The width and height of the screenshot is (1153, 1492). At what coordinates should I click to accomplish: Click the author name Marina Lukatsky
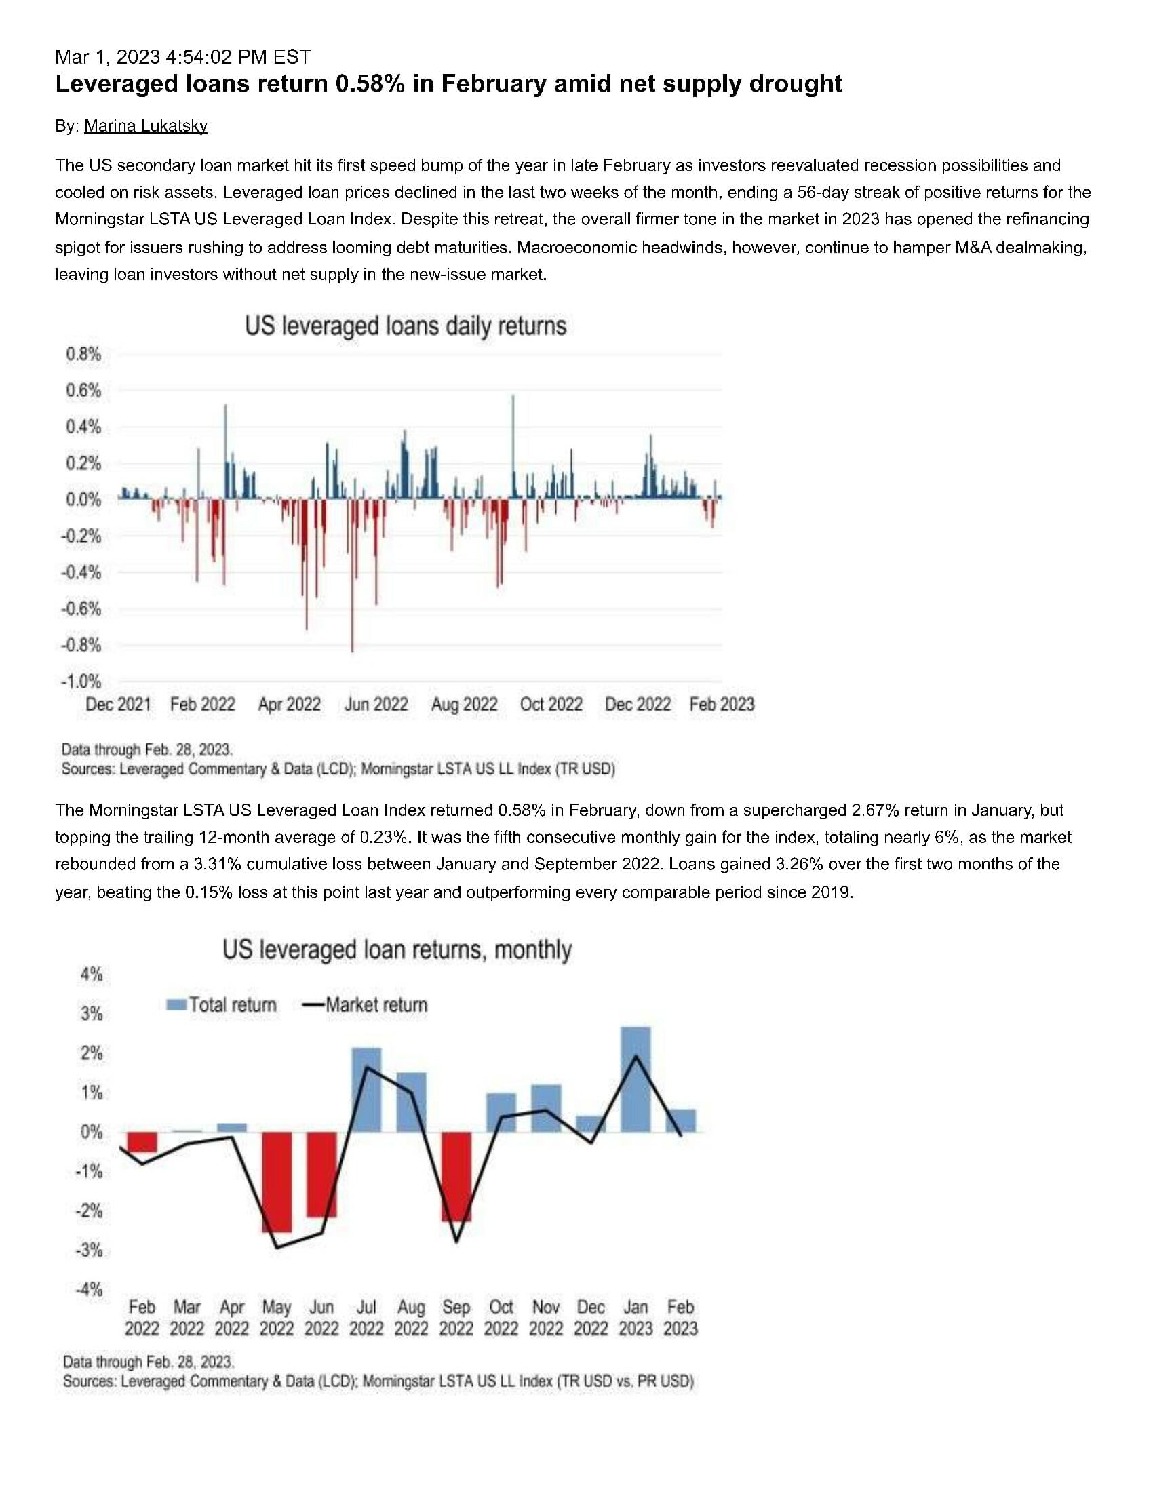pyautogui.click(x=146, y=125)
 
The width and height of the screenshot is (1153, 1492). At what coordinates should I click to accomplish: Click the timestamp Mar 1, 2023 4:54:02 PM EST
pyautogui.click(x=182, y=56)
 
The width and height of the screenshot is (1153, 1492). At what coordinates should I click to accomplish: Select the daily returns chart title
pyautogui.click(x=406, y=326)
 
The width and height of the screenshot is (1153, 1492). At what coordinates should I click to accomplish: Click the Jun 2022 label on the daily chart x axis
pyautogui.click(x=376, y=704)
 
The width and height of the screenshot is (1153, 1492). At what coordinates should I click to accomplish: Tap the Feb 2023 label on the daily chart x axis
pyautogui.click(x=722, y=704)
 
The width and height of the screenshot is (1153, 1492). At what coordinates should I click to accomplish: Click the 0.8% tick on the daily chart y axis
pyautogui.click(x=83, y=354)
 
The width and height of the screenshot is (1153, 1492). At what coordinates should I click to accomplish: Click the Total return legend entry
pyautogui.click(x=222, y=1004)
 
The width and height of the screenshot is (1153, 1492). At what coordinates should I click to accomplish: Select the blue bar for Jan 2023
pyautogui.click(x=636, y=1080)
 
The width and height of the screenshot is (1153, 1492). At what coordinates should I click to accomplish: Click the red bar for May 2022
pyautogui.click(x=277, y=1182)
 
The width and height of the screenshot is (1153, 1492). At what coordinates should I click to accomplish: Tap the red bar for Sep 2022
pyautogui.click(x=456, y=1175)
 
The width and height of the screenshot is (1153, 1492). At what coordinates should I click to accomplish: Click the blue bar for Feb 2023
pyautogui.click(x=680, y=1122)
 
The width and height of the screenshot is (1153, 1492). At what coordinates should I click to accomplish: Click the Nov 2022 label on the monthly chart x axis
pyautogui.click(x=546, y=1317)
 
